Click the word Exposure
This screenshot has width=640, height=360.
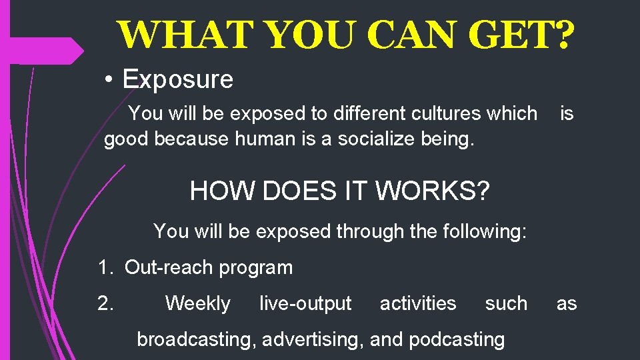[178, 79]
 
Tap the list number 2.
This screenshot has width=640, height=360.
[105, 303]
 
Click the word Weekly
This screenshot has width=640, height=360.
[197, 303]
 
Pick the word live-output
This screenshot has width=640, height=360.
[305, 303]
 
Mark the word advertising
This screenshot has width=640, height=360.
[312, 339]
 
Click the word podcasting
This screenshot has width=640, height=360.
[457, 339]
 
